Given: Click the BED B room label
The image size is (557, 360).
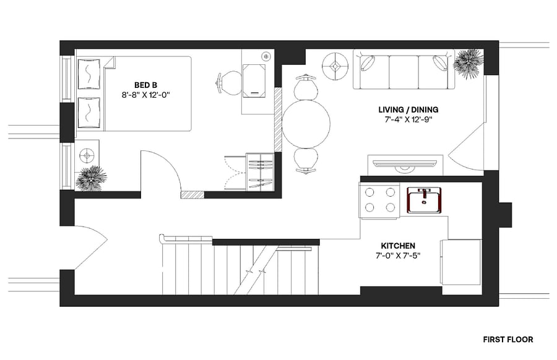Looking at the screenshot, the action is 145,85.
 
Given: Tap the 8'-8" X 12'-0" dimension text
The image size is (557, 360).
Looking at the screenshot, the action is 146,95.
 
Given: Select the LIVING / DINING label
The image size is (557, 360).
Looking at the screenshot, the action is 408,109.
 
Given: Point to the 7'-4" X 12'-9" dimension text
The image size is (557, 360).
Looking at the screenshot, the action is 408,119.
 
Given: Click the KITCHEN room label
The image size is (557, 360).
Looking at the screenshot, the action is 398,246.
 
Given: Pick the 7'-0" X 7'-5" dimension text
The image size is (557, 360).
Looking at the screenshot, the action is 398,255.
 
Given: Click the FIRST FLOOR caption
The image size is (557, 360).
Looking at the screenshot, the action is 508,340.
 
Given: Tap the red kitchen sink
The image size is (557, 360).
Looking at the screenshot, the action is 424,200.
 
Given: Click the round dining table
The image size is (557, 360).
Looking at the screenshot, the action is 306,124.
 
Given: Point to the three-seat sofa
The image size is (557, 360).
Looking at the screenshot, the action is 404,69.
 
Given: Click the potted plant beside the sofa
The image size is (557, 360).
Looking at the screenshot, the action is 468,64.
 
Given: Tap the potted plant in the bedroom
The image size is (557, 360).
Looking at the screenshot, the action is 91,179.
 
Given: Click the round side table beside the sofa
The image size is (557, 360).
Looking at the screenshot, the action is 335,66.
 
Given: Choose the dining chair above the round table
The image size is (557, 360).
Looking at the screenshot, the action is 306,88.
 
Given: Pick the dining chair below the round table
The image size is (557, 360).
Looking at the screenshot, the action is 306,161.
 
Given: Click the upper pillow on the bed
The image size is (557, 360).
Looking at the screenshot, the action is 89,74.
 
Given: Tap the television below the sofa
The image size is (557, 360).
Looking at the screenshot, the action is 405,164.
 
